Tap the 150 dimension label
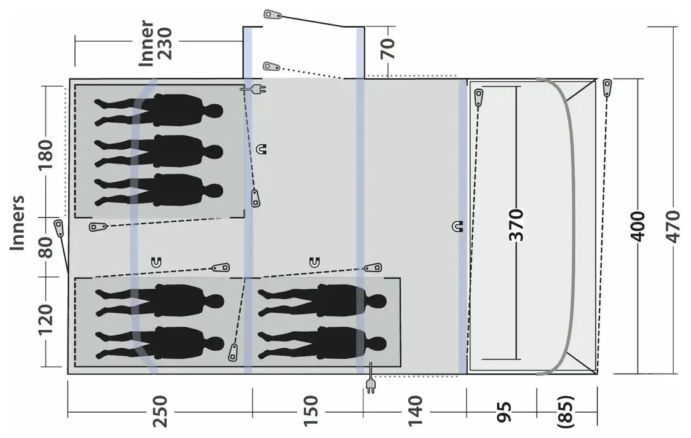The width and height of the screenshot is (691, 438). (310, 411)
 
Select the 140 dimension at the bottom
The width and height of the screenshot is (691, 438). (415, 411)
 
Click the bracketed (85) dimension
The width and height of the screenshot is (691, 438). (566, 412)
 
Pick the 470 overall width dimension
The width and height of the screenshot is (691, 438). (673, 226)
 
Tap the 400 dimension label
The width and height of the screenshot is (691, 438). (638, 226)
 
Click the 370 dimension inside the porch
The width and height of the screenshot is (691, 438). (516, 225)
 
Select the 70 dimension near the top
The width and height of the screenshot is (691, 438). (388, 49)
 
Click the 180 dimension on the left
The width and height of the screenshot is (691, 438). (45, 155)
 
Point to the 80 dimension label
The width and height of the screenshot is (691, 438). (45, 247)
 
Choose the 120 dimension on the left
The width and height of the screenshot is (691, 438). (45, 319)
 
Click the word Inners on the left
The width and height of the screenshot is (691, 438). (18, 223)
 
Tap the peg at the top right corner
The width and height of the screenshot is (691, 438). (607, 88)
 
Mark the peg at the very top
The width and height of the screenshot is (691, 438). (273, 15)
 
